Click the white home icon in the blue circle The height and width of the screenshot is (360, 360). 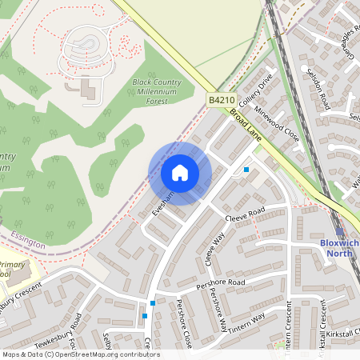click(x=180, y=172)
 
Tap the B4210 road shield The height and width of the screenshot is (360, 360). click(x=222, y=100)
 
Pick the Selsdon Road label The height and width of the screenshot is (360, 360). click(x=317, y=88)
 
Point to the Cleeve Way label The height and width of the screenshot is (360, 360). click(x=212, y=250)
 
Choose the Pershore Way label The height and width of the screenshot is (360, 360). click(x=218, y=308)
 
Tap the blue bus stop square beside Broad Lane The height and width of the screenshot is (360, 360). click(x=246, y=169)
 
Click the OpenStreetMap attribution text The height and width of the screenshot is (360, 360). click(x=80, y=354)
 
